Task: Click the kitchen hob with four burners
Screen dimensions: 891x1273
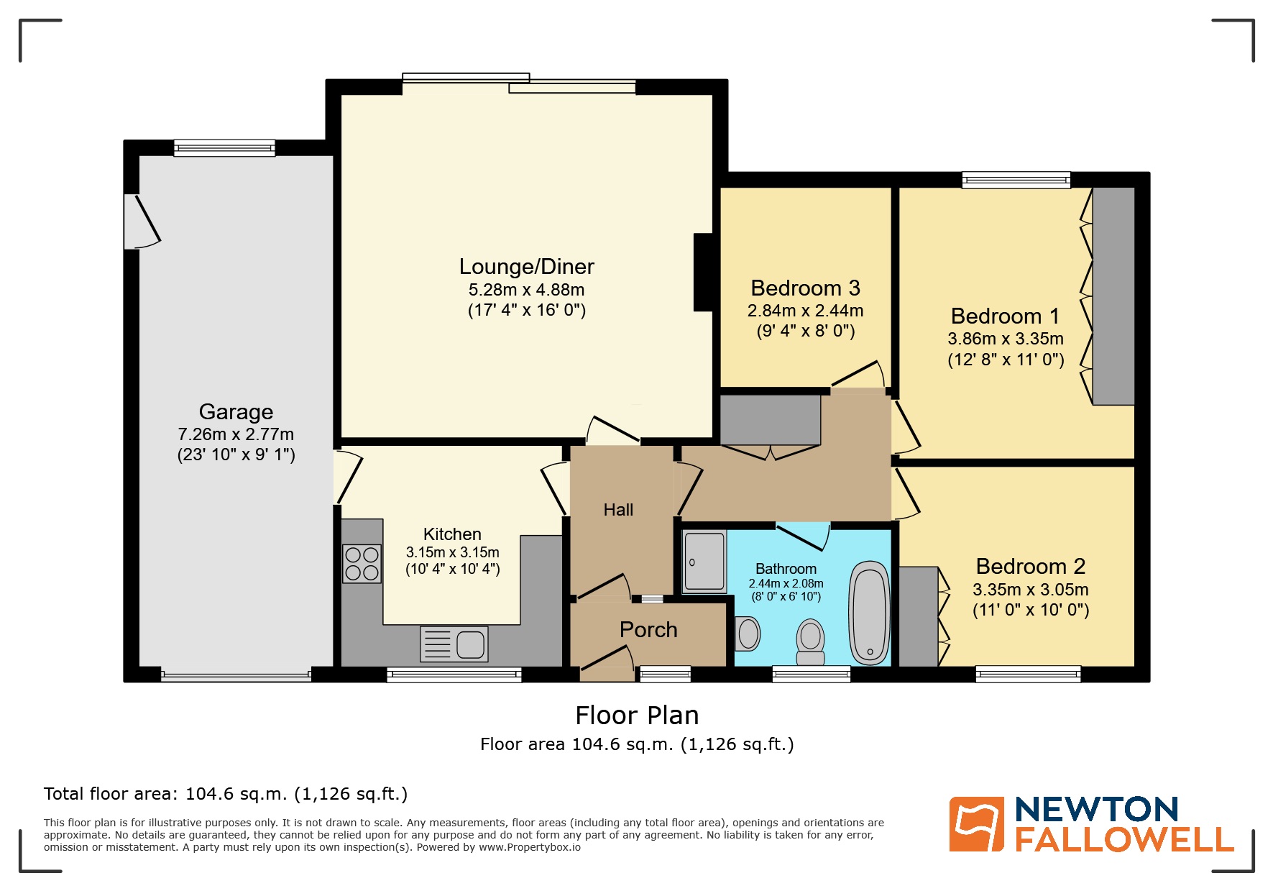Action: (x=362, y=564)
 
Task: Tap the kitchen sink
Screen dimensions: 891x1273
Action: (x=454, y=644)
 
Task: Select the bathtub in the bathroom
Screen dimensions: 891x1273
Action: (x=870, y=613)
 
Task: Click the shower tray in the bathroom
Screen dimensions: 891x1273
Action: (x=704, y=562)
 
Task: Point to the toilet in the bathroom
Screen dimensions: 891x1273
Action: (x=811, y=641)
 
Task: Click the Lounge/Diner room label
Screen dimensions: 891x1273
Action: (x=526, y=267)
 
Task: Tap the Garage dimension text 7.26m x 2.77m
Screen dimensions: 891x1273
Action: (x=236, y=434)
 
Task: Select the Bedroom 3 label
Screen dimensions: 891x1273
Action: (x=805, y=288)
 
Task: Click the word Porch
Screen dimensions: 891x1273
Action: (x=648, y=630)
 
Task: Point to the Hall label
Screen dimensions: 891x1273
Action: (x=618, y=510)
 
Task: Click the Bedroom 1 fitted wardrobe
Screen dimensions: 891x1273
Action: (x=1113, y=296)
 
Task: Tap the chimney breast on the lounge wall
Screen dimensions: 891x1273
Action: (x=703, y=273)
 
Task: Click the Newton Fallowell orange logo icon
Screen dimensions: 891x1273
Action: (x=976, y=824)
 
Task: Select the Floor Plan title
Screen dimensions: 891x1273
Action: (x=637, y=716)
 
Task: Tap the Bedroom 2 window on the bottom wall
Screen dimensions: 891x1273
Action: (x=1028, y=674)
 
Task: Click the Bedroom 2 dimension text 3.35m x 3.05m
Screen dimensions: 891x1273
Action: (x=1030, y=590)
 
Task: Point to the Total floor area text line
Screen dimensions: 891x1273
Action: (x=226, y=794)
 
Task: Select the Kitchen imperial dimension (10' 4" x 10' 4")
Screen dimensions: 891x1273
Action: (x=452, y=570)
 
